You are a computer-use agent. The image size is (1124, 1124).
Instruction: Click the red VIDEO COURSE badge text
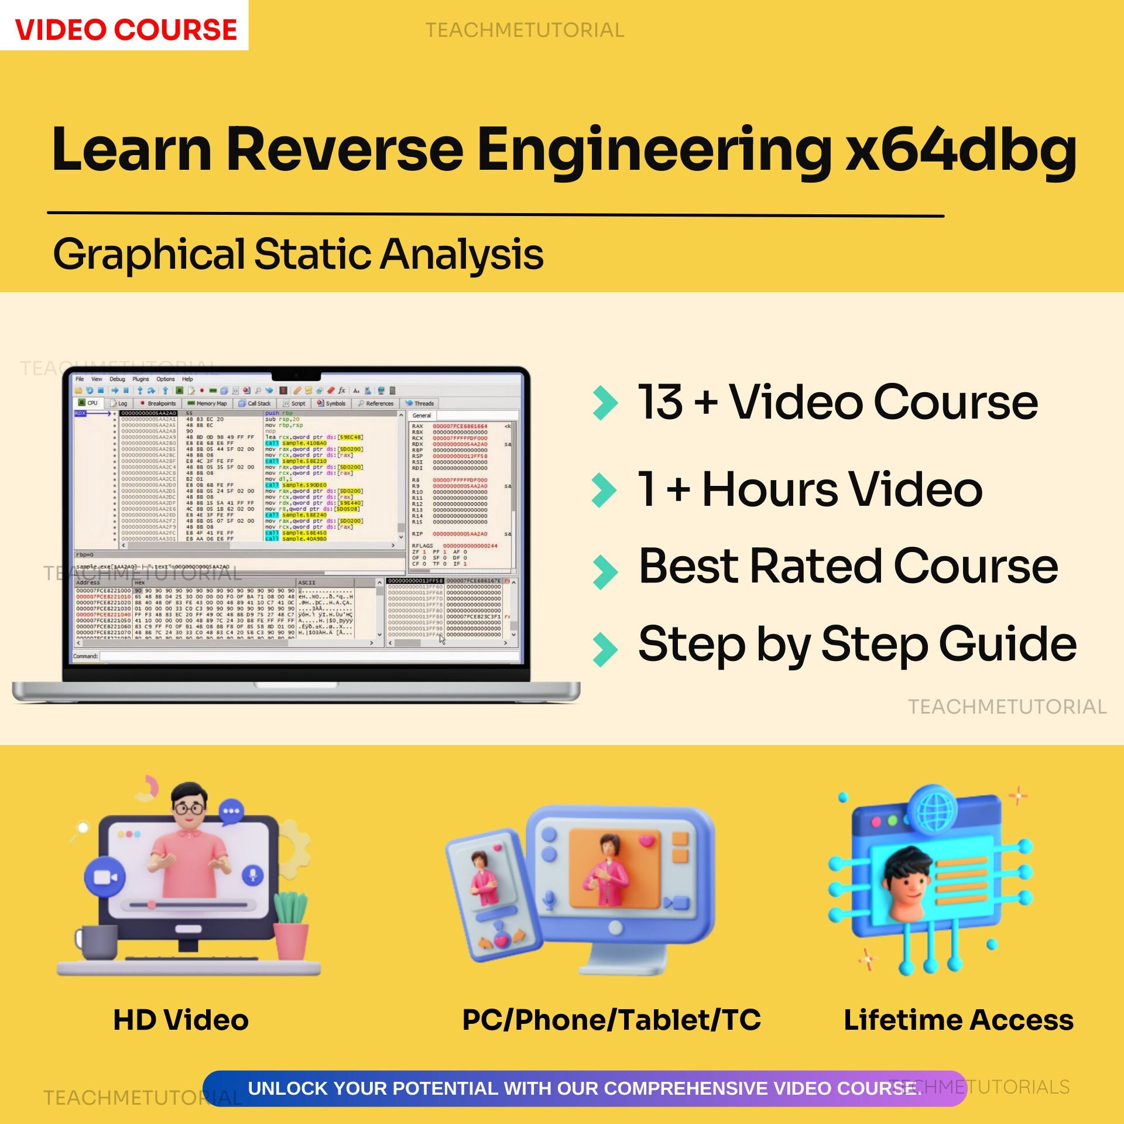125,29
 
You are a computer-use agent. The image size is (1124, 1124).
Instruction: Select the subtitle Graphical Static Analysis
298,255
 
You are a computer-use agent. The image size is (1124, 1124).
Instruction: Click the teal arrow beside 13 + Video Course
605,403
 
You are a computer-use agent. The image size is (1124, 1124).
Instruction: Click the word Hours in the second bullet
770,489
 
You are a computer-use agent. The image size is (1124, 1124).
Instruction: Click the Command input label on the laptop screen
85,656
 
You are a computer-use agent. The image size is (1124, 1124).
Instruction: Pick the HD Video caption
181,1020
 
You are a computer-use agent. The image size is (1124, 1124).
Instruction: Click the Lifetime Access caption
958,1020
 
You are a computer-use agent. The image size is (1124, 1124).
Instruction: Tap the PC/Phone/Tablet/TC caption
611,1020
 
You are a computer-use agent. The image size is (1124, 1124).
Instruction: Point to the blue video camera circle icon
105,877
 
